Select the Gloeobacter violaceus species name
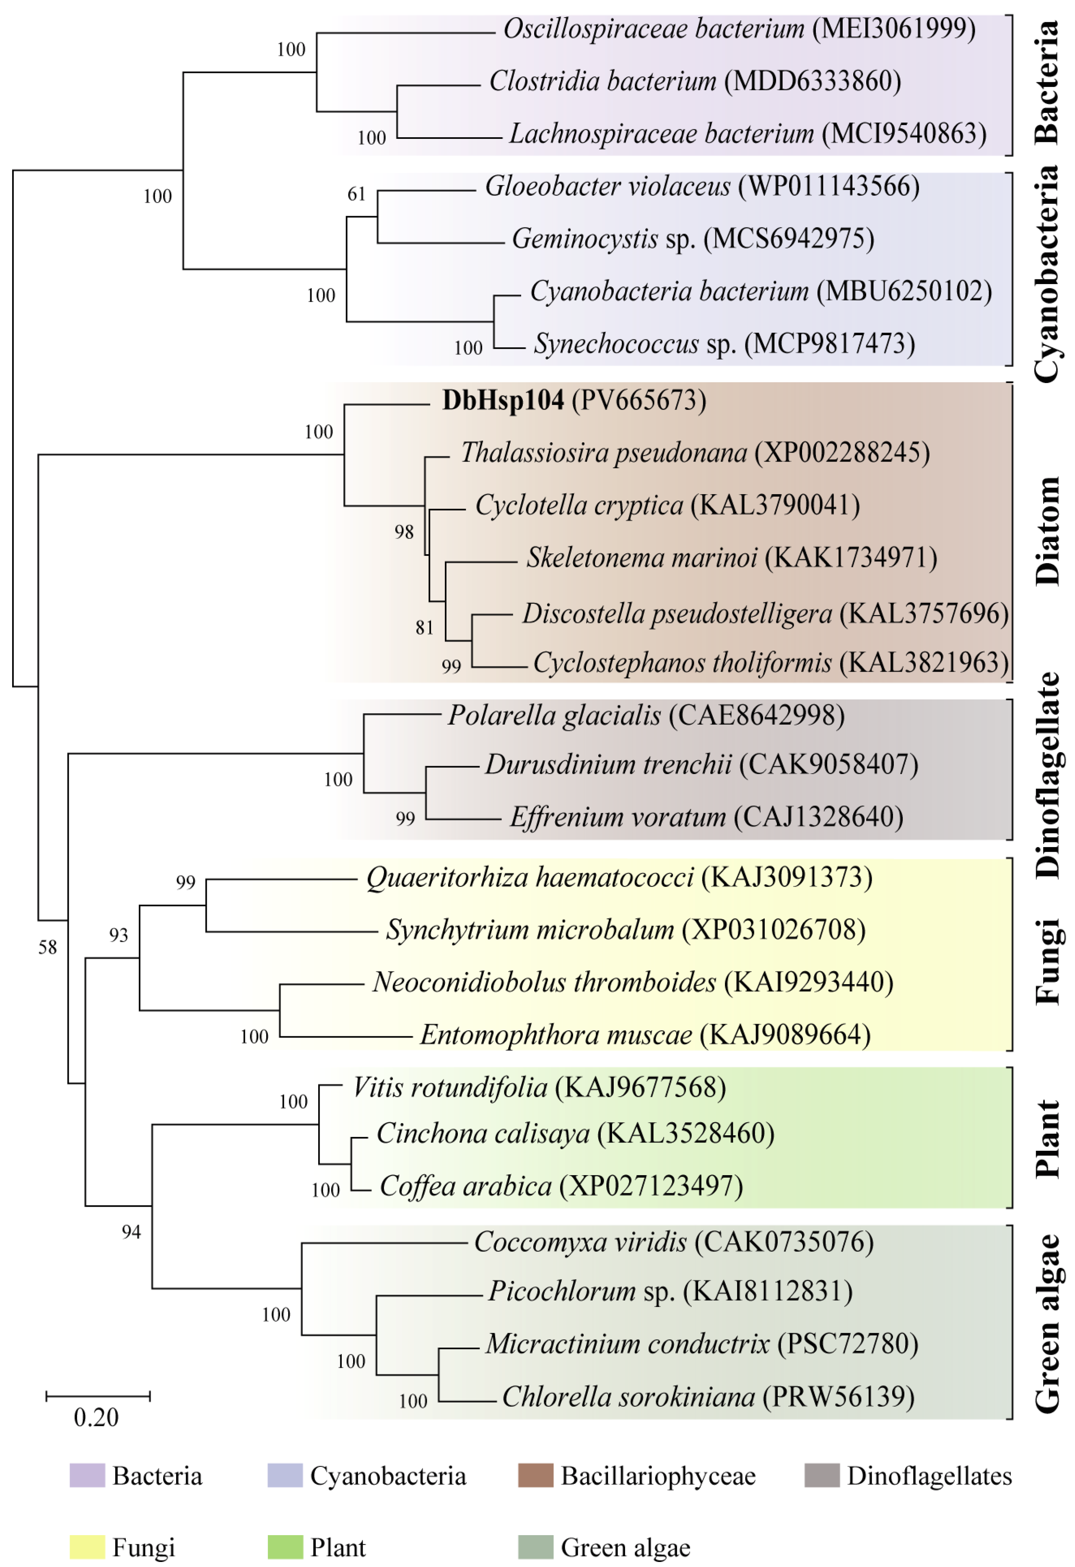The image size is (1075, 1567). [x=607, y=186]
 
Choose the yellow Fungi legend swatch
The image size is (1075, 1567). [x=87, y=1547]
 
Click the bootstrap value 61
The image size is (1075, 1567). [x=356, y=194]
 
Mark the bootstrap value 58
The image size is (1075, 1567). [x=47, y=947]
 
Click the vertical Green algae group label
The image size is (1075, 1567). [x=1046, y=1323]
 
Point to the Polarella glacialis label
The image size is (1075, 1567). [x=554, y=715]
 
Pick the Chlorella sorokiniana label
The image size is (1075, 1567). [x=628, y=1396]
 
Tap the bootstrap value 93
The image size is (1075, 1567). [x=119, y=935]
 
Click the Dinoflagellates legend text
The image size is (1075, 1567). [x=929, y=1476]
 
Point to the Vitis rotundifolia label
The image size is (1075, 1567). [x=450, y=1087]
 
